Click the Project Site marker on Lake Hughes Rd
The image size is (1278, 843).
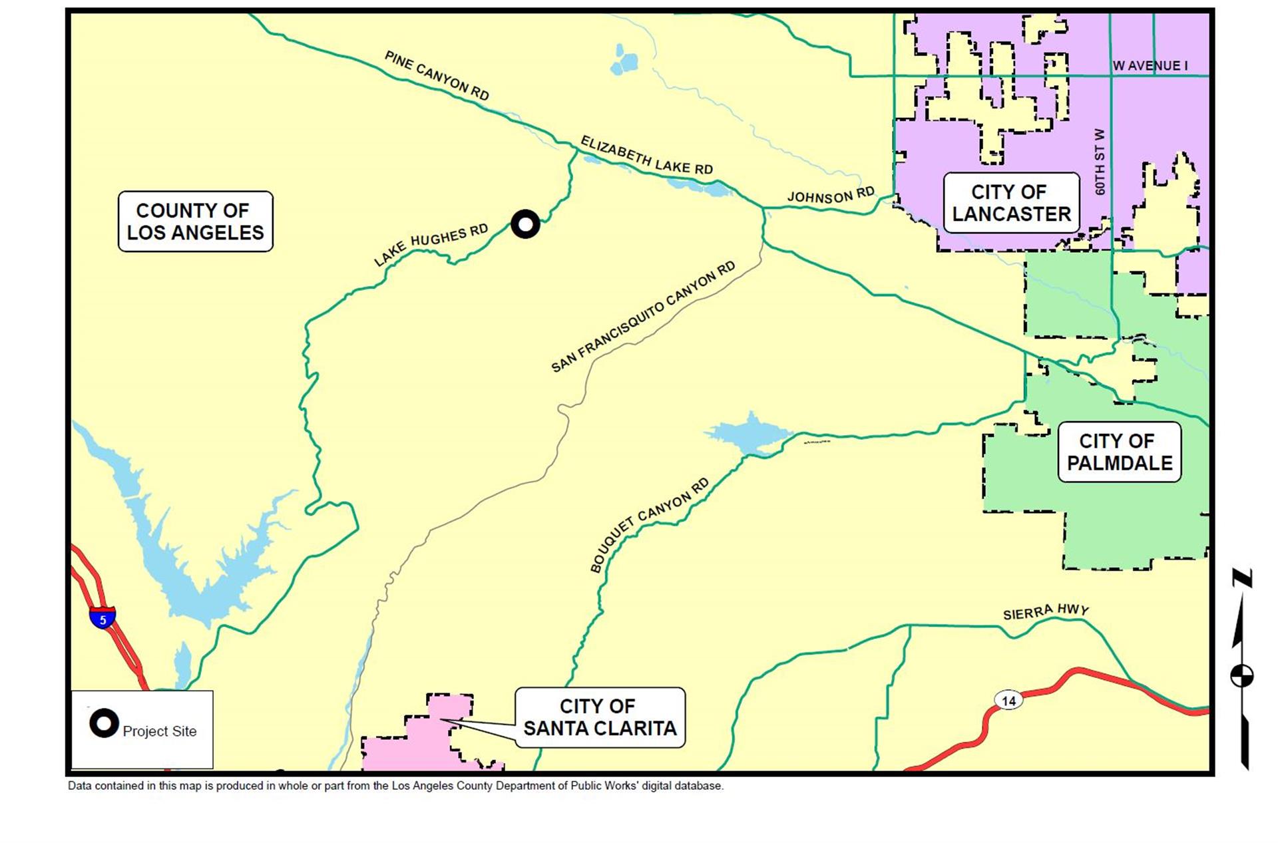tap(525, 224)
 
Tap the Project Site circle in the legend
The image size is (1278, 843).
tap(104, 723)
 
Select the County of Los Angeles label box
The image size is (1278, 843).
tap(195, 222)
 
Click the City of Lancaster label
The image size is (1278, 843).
tap(1011, 203)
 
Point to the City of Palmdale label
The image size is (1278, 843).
tap(1119, 452)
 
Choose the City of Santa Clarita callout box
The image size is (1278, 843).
tap(600, 717)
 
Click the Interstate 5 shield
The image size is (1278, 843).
tap(103, 619)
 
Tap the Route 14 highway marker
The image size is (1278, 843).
tap(1008, 701)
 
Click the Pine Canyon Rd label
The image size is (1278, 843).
tap(437, 76)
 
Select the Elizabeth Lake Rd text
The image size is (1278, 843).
tap(646, 156)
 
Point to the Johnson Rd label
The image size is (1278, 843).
tap(831, 196)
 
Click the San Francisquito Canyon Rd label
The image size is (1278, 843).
tap(643, 317)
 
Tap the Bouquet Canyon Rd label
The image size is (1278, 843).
tap(650, 525)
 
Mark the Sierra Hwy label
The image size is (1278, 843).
tap(1046, 611)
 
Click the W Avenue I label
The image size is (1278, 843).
tap(1150, 66)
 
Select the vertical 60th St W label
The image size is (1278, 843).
tap(1100, 162)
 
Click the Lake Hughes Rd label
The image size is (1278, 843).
tap(431, 245)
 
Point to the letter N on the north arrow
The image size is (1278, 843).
tap(1242, 578)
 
